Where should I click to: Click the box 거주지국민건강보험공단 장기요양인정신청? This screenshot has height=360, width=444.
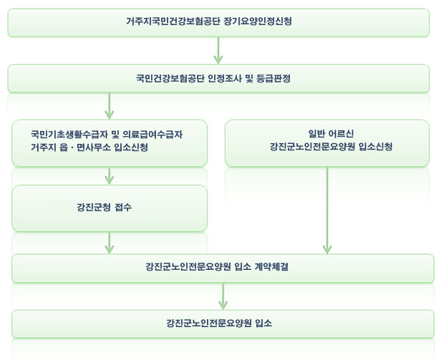click(218, 22)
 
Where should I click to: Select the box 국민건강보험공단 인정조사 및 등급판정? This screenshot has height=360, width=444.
click(218, 78)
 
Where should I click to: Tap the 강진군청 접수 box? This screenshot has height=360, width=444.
click(110, 208)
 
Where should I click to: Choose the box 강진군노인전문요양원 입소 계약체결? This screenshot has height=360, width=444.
click(223, 268)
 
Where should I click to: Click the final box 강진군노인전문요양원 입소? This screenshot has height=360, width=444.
click(223, 323)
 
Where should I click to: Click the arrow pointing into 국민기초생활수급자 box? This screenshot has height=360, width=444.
click(110, 106)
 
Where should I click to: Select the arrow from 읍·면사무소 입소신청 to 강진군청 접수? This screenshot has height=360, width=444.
click(110, 175)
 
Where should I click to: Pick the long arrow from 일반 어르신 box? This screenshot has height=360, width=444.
click(327, 211)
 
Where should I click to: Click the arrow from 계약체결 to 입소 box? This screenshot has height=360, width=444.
click(223, 296)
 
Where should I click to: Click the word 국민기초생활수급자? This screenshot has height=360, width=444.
click(61, 134)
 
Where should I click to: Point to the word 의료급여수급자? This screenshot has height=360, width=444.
click(143, 134)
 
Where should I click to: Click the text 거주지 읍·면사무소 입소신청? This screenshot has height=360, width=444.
click(90, 147)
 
